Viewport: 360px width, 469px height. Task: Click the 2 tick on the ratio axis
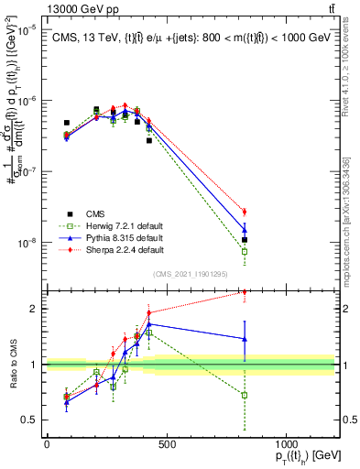[35, 309]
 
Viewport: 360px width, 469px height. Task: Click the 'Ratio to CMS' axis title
[12, 365]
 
